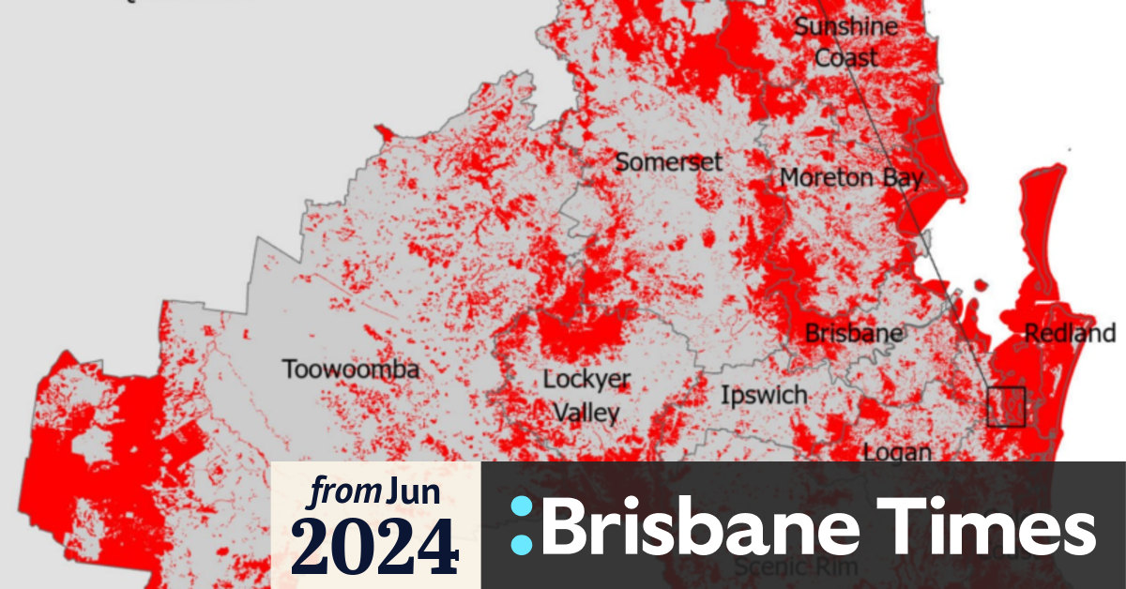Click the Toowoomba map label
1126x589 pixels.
[x=351, y=370]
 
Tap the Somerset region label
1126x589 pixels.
[x=668, y=162]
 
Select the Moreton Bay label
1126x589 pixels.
[x=851, y=177]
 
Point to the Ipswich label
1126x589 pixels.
[x=764, y=395]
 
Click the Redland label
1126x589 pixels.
[x=1070, y=333]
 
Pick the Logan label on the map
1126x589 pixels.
[x=897, y=453]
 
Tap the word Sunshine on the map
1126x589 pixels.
[x=845, y=26]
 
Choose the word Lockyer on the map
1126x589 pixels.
[x=587, y=380]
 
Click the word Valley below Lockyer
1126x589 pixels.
[x=586, y=413]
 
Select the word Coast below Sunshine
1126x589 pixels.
[x=845, y=57]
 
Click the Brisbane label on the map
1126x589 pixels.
[x=854, y=333]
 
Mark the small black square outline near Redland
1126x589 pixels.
[x=1006, y=406]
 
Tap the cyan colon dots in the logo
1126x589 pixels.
[x=522, y=525]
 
